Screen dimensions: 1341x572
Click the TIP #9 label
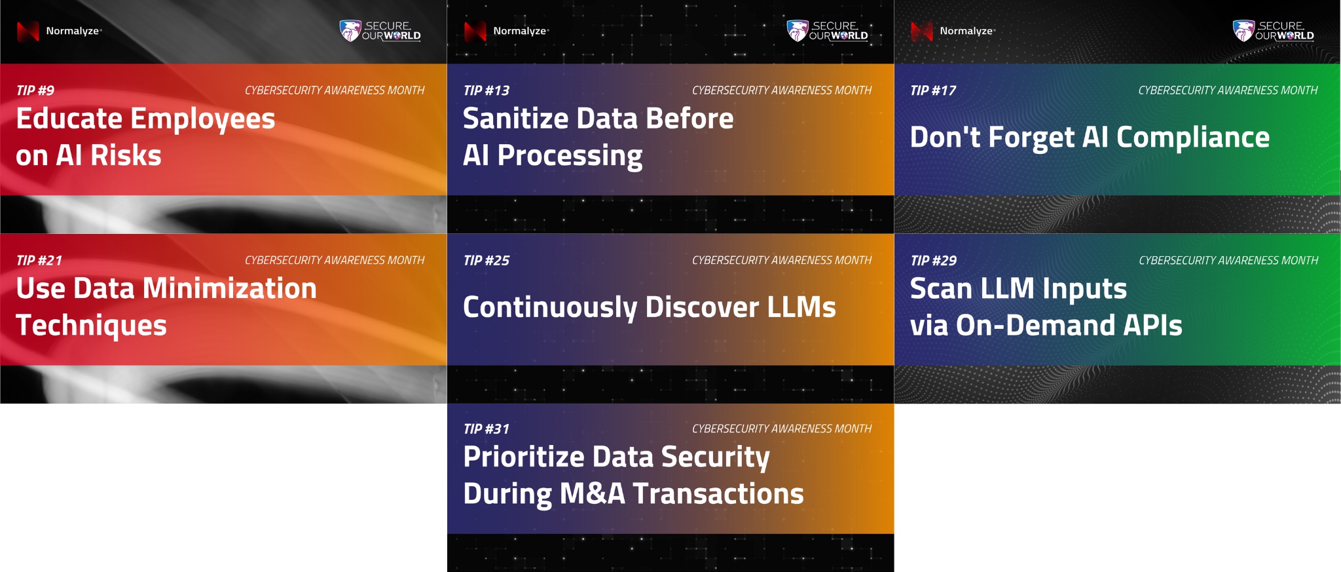click(x=35, y=90)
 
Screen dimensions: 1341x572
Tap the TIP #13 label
click(x=486, y=90)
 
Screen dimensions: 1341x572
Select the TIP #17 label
click(x=933, y=90)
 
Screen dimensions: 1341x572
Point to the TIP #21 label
click(x=39, y=260)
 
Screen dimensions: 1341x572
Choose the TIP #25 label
click(x=486, y=260)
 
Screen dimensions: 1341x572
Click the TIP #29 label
click(x=933, y=260)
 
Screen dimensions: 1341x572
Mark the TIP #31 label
click(x=486, y=429)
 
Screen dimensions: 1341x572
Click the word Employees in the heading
click(x=202, y=120)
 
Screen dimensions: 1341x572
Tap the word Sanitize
click(x=516, y=119)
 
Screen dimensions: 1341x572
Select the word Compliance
click(x=1192, y=138)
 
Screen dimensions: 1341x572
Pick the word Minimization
click(x=230, y=288)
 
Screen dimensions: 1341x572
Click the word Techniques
click(x=91, y=326)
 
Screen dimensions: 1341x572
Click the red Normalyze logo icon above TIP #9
click(x=28, y=31)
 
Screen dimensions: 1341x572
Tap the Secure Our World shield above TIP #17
click(x=1243, y=31)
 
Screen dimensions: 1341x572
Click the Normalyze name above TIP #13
click(x=521, y=31)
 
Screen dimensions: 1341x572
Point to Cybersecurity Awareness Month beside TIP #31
click(x=782, y=429)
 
